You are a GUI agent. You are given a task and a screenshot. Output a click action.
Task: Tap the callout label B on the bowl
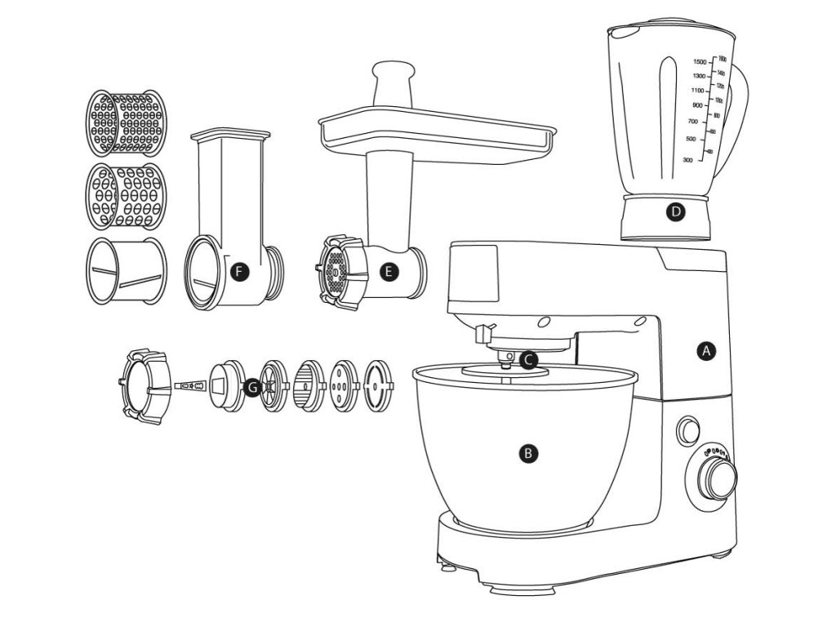point(529,451)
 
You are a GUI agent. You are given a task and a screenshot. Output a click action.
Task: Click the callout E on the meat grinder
point(390,272)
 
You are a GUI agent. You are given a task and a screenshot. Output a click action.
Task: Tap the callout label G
point(253,386)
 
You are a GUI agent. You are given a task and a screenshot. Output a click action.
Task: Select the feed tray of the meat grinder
point(436,131)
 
